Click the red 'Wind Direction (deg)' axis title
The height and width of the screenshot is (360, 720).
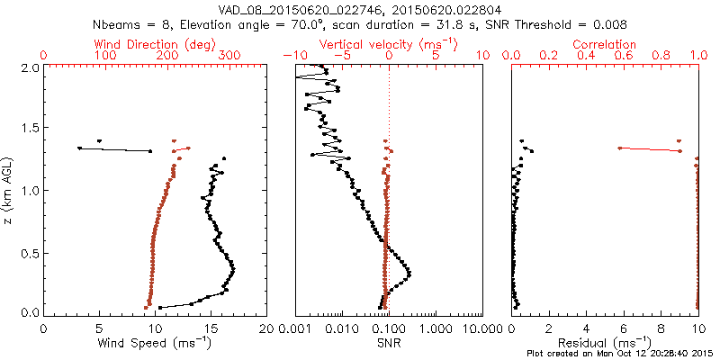coord(156,44)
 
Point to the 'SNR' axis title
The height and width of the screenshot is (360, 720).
coord(389,344)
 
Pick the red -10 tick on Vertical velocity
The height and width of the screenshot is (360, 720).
coord(292,56)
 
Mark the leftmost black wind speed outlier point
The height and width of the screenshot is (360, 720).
coord(79,148)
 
